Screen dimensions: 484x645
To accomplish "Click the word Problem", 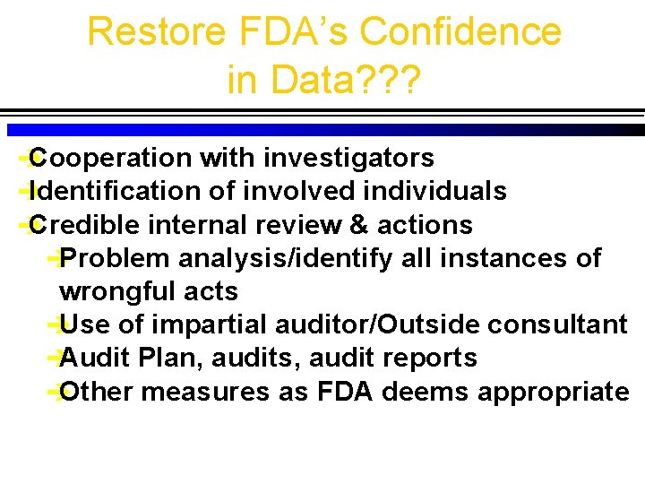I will coord(116,258).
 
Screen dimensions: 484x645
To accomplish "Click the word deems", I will coord(429,392).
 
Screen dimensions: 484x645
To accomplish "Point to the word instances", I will coord(503,258).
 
